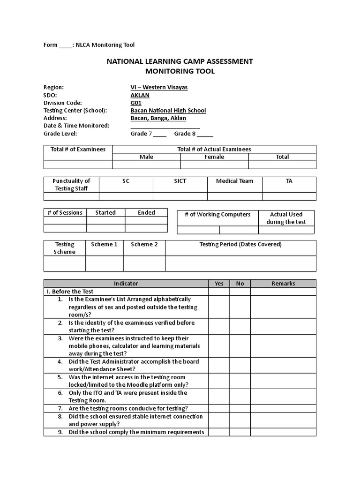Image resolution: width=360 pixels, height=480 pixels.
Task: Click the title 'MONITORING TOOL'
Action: click(x=180, y=71)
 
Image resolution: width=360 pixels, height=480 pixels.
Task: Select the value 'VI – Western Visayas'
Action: click(x=159, y=87)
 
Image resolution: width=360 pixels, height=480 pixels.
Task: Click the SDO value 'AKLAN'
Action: click(x=140, y=95)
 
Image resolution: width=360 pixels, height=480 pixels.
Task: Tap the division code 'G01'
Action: click(x=135, y=103)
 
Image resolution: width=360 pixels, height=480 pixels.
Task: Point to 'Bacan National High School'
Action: click(x=168, y=111)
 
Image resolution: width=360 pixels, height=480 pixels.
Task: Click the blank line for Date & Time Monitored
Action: click(x=165, y=126)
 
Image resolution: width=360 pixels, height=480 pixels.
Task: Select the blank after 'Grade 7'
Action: click(x=160, y=134)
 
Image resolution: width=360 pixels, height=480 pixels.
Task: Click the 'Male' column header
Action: click(x=146, y=157)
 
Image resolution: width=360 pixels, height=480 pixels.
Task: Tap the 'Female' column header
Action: click(x=214, y=157)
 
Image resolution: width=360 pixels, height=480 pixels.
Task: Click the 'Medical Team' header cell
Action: click(x=234, y=181)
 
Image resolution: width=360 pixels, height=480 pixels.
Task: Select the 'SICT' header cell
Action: click(x=180, y=181)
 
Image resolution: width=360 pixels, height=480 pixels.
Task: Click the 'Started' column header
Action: click(x=105, y=212)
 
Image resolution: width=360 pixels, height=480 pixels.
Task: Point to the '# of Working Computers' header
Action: click(x=217, y=215)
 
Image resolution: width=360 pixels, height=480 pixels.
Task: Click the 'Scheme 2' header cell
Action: click(x=144, y=244)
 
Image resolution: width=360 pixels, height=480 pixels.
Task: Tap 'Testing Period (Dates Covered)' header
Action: click(x=240, y=244)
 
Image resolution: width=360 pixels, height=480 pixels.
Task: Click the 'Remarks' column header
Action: click(x=283, y=284)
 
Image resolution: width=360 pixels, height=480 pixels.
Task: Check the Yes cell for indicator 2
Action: click(x=219, y=326)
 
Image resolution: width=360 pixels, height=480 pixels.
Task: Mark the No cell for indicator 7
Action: click(x=240, y=408)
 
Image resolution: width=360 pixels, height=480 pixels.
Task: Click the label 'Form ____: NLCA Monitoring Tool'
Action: click(x=89, y=45)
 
